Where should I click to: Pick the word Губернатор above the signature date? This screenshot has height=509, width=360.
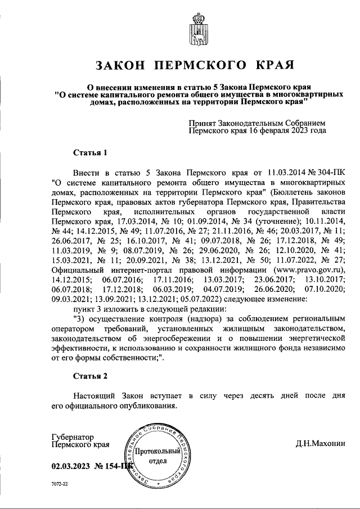coord(73,436)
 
